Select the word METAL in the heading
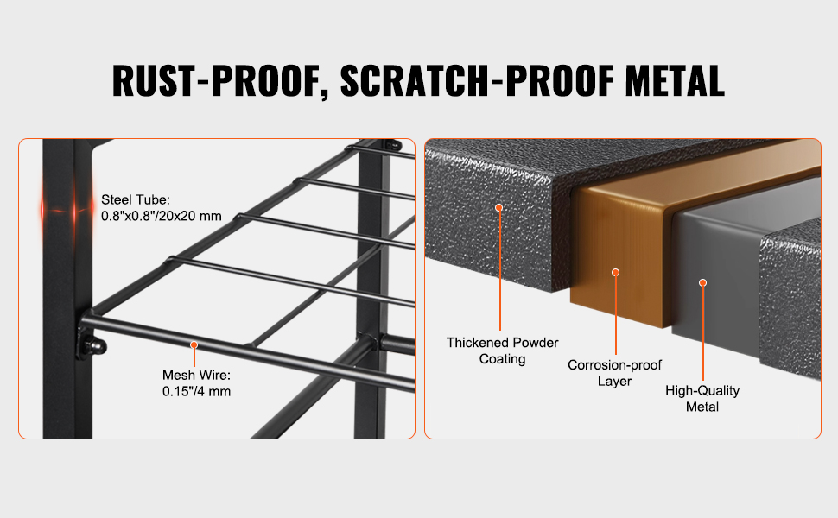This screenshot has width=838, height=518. pos(675,80)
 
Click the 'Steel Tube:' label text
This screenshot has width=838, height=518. pos(136,199)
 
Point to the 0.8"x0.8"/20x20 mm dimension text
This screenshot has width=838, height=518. pos(162,216)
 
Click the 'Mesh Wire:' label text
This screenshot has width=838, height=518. pos(196,375)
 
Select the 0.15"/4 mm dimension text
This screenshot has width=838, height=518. pos(196,391)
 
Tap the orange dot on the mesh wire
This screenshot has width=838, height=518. pos(194,345)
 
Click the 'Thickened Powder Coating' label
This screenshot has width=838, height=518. pos(503,351)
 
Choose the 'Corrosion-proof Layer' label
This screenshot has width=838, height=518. pos(614,373)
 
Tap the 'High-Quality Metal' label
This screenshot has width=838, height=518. pos(702,398)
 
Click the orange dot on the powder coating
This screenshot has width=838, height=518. pos(499,208)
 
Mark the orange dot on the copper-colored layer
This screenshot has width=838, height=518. pos(616,272)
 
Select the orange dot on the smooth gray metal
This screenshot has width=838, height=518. pos(702,282)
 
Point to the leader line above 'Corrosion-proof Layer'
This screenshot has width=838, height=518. pos(616,315)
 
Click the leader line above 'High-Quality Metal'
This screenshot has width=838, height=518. pos(702,333)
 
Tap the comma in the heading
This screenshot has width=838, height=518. pos(326,93)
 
